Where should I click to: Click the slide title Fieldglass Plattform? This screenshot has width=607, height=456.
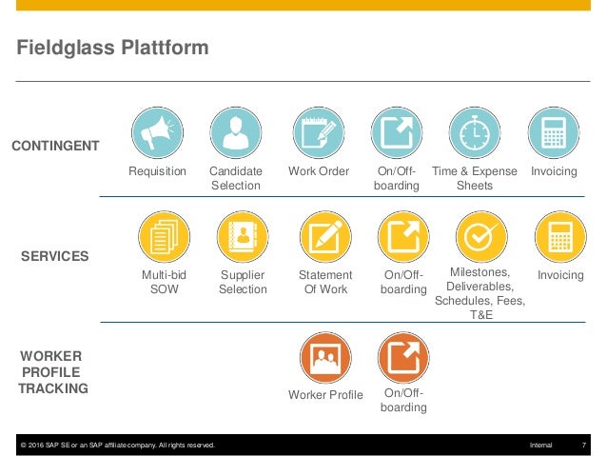click(112, 47)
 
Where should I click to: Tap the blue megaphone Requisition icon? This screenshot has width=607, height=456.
click(156, 134)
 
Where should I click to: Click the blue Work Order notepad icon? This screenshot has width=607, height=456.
click(318, 134)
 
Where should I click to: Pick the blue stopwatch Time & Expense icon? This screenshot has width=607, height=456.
click(474, 134)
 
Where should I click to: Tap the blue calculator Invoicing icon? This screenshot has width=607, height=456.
click(554, 134)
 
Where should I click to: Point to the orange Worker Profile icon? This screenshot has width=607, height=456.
click(325, 358)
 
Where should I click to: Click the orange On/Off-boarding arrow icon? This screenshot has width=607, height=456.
click(403, 358)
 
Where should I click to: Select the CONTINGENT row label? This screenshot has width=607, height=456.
click(55, 146)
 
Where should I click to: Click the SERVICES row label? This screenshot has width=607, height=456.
click(55, 256)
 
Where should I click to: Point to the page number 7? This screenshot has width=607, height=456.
click(582, 446)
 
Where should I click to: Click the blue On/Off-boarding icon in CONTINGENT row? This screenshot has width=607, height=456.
click(396, 134)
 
